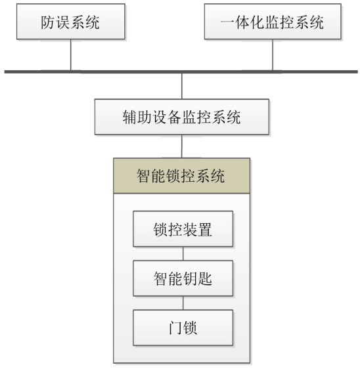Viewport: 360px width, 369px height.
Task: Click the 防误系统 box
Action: pos(71,22)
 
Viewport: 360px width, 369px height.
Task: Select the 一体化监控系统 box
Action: pos(273,22)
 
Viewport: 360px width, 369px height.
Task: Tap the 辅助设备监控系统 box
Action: pos(182,117)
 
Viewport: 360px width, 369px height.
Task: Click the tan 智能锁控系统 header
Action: pos(182,176)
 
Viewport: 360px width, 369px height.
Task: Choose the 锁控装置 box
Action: pos(183,229)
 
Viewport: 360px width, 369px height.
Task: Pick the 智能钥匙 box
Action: pos(183,278)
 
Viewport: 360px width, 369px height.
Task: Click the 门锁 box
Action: pos(183,328)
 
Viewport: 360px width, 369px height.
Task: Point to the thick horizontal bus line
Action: pos(181,72)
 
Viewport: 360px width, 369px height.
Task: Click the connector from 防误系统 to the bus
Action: pos(71,55)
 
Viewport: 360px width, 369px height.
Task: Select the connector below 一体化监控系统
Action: pos(273,55)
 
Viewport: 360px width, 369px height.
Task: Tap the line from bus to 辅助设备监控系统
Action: pos(182,86)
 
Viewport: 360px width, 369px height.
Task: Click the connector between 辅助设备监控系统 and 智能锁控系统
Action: pos(182,146)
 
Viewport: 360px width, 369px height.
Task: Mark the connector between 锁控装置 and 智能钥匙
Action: pos(183,253)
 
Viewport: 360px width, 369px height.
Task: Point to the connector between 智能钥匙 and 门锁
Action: pos(183,303)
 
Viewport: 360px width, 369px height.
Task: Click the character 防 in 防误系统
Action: pos(48,22)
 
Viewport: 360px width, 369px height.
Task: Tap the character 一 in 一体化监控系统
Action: pos(227,22)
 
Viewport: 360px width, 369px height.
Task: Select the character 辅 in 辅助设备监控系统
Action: pos(129,117)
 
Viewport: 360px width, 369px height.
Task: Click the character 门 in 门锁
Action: pos(175,328)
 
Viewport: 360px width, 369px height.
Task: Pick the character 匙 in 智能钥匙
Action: pos(205,278)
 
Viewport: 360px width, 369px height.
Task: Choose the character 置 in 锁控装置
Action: pos(205,229)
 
